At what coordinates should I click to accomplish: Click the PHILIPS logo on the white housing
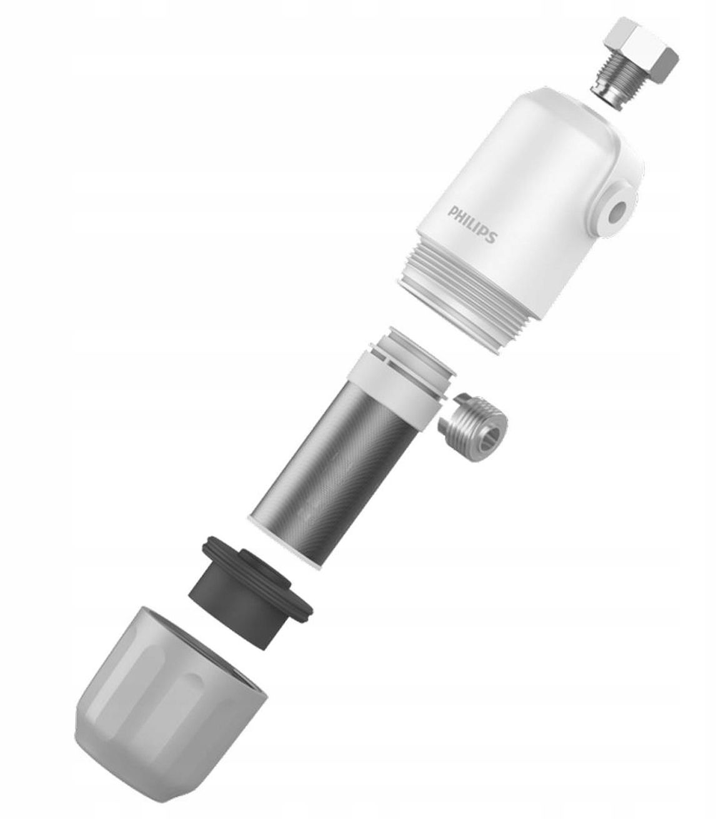(472, 224)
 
